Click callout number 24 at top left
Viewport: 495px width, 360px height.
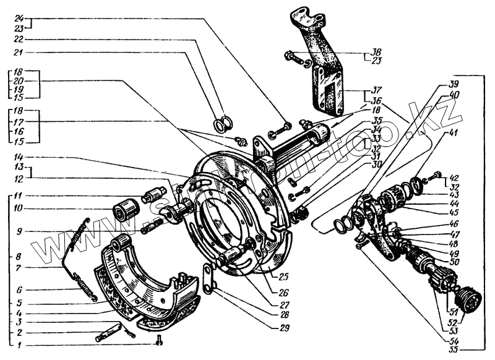(19, 18)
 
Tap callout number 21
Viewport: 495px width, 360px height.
(19, 52)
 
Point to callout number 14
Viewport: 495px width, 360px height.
(19, 157)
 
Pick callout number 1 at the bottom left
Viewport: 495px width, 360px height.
(19, 345)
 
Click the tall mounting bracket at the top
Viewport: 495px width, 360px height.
(321, 68)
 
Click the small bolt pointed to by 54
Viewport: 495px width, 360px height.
(360, 247)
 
